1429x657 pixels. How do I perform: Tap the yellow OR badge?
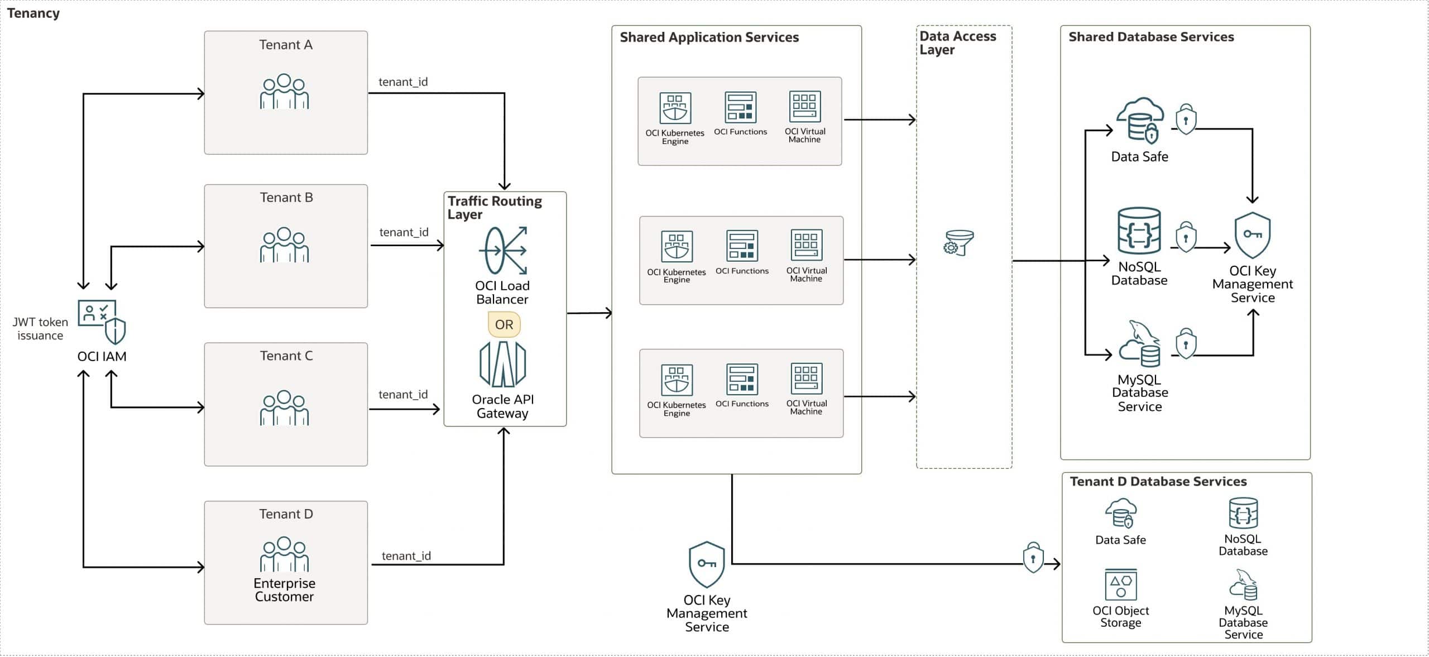(504, 324)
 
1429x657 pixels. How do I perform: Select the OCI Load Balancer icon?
(503, 250)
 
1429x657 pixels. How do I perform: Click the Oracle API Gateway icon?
(502, 364)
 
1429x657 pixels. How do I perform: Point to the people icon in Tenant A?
(284, 92)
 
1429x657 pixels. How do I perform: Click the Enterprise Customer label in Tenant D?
(285, 589)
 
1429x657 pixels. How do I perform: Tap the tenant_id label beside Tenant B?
(404, 232)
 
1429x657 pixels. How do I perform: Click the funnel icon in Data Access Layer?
(958, 243)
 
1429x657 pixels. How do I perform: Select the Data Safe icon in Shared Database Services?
(1139, 120)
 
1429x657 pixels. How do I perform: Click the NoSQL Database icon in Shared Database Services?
(1139, 231)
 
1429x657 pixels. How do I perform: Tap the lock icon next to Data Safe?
(1186, 119)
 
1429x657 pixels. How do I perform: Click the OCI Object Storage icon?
(1120, 584)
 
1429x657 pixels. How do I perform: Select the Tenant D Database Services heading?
(1158, 481)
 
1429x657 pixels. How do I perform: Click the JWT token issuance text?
(40, 329)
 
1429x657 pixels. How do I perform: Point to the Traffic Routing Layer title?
(494, 207)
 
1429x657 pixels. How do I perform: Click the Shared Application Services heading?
(709, 37)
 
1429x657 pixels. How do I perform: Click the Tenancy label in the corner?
(33, 13)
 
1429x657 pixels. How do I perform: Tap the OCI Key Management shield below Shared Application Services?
(707, 564)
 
